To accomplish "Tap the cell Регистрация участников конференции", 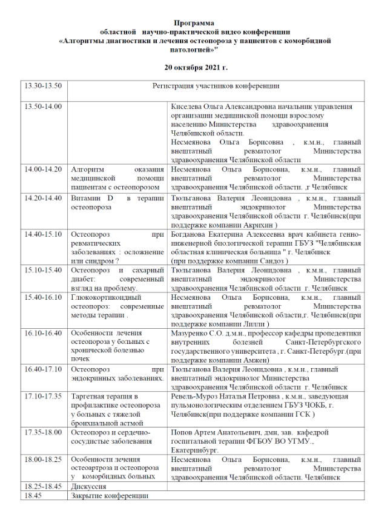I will (215, 86).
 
